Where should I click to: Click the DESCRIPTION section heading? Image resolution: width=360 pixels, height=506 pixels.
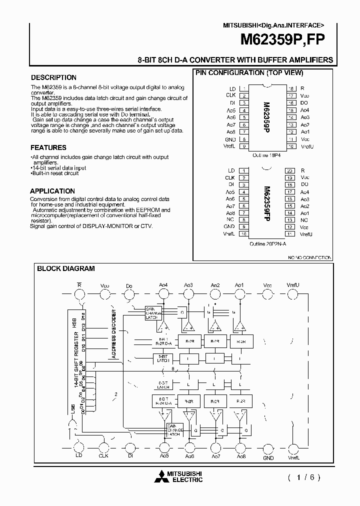point(53,77)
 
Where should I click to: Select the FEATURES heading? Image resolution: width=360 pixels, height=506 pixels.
point(48,147)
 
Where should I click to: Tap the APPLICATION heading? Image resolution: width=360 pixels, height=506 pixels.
point(52,191)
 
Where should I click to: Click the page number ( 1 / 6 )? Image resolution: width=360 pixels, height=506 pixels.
point(303,477)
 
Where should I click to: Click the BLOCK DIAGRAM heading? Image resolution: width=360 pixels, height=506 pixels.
point(66,268)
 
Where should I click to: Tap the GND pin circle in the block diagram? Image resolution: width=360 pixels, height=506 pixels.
point(268,447)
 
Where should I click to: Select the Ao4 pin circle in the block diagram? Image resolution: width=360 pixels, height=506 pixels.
point(163,296)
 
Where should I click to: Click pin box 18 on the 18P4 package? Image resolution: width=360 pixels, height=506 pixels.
point(289,88)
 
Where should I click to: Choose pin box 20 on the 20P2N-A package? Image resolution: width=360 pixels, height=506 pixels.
point(289,170)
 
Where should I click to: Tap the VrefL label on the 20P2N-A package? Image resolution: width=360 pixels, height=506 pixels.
point(229,233)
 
